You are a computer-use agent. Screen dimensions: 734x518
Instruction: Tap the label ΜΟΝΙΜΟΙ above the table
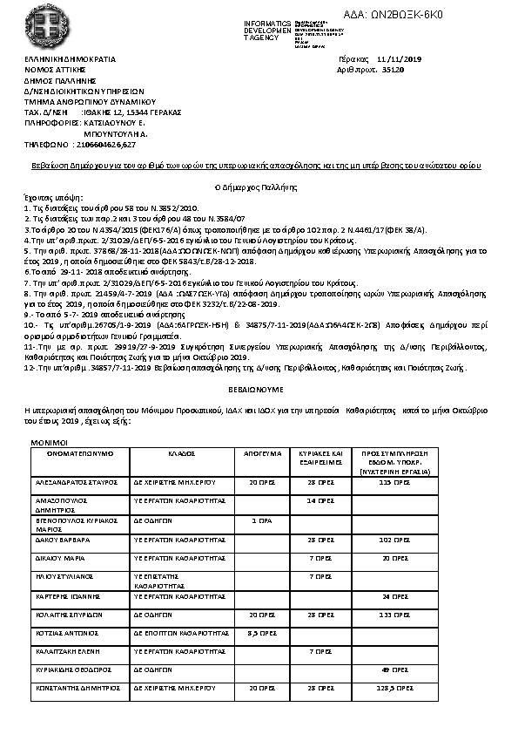[x=47, y=443]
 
